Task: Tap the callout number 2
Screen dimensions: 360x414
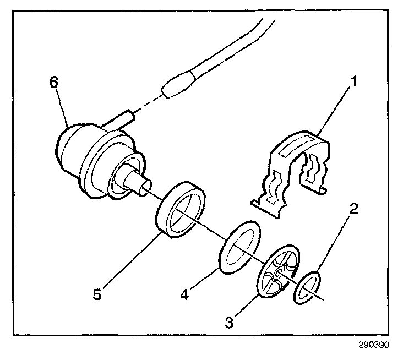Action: pyautogui.click(x=355, y=208)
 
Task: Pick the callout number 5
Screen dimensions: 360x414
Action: pyautogui.click(x=97, y=294)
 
